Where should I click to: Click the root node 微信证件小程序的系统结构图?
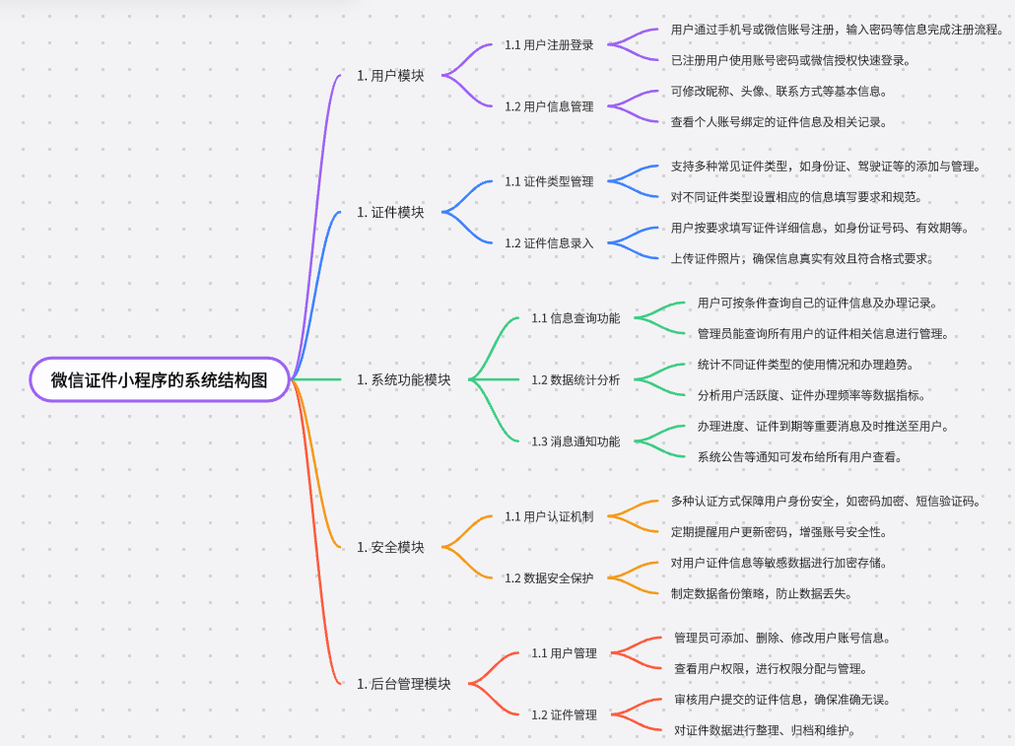click(x=160, y=379)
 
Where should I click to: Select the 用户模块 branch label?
click(x=391, y=75)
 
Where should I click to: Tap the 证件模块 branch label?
click(x=391, y=212)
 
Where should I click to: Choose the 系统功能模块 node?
click(x=404, y=379)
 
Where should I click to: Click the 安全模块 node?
click(x=391, y=547)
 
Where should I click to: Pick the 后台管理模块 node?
click(x=404, y=683)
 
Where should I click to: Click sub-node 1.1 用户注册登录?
click(x=549, y=44)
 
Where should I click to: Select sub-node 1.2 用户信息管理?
click(x=549, y=106)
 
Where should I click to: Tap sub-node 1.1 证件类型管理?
click(x=549, y=181)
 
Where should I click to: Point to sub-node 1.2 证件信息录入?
click(x=549, y=243)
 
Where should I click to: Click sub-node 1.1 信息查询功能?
click(x=575, y=318)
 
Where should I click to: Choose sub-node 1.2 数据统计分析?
click(x=575, y=379)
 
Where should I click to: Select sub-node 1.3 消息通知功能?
click(x=575, y=441)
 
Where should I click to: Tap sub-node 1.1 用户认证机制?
click(x=549, y=516)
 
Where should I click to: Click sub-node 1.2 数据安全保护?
click(x=549, y=577)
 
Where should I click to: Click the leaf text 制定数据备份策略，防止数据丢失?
click(x=761, y=593)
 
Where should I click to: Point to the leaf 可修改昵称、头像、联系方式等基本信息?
click(x=778, y=92)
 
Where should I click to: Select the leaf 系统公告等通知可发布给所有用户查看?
click(x=799, y=456)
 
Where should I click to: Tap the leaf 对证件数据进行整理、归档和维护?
click(x=764, y=730)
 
